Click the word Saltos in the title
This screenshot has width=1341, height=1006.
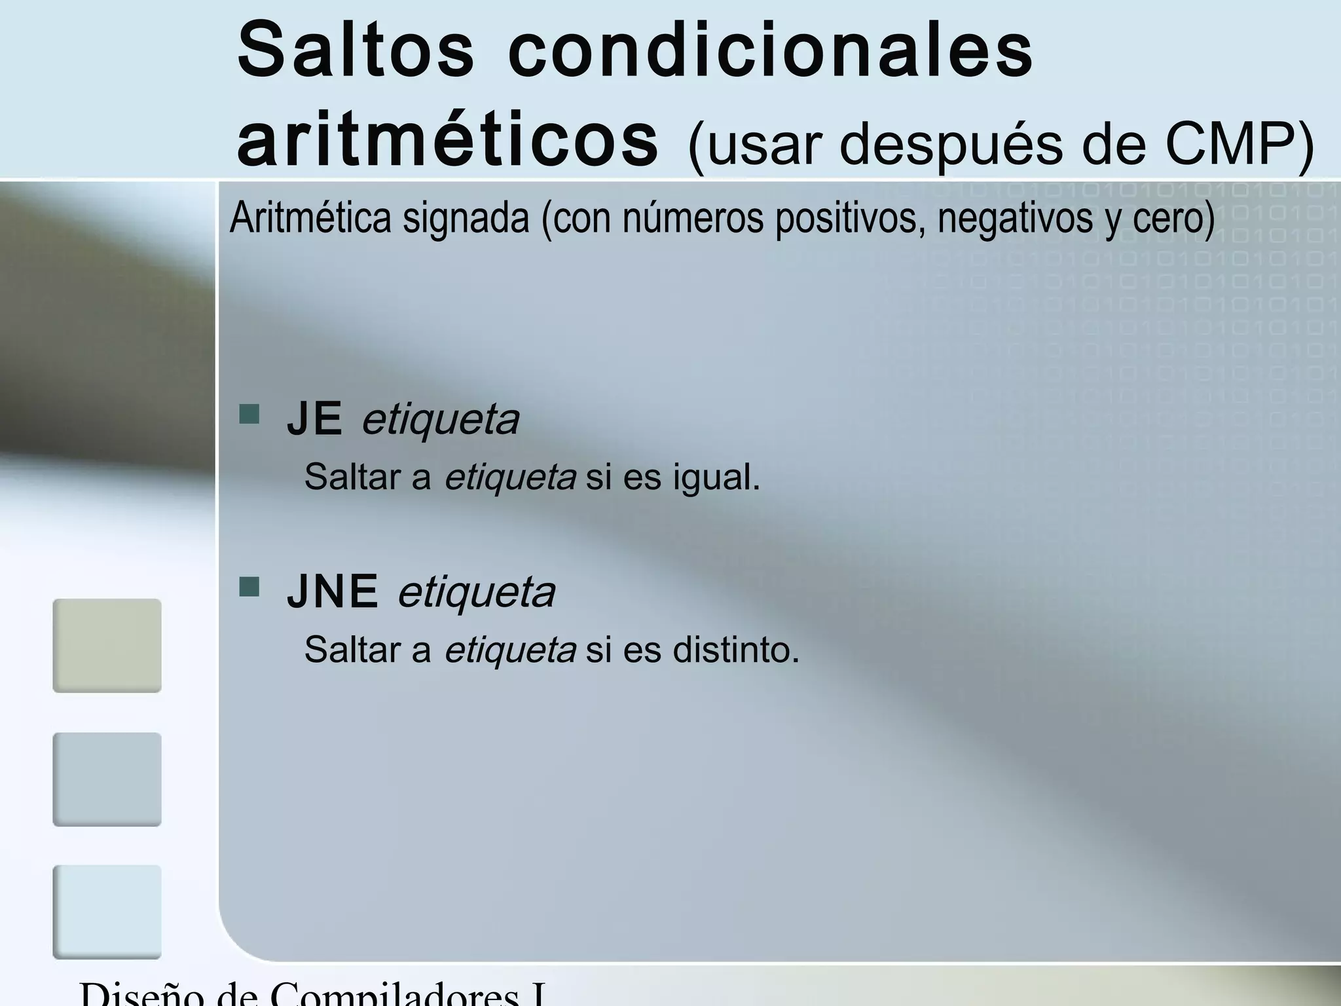point(356,51)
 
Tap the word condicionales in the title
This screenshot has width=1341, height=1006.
point(770,51)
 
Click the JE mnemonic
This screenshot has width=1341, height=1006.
point(314,419)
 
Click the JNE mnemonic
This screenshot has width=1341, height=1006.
point(333,591)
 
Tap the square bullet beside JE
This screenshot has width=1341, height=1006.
point(249,415)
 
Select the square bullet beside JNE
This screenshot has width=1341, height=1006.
point(249,587)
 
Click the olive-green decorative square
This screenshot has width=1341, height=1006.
point(107,646)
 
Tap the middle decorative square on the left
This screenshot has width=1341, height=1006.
point(107,779)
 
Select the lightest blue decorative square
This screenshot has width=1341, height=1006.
point(107,912)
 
